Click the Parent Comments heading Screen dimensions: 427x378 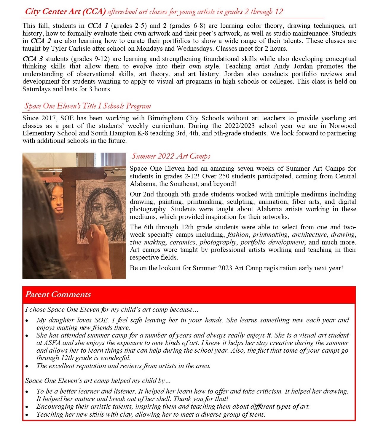click(58, 295)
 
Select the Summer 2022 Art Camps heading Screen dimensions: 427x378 click(171, 156)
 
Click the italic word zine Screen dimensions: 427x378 click(135, 242)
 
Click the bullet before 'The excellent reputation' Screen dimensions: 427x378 click(27, 366)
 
